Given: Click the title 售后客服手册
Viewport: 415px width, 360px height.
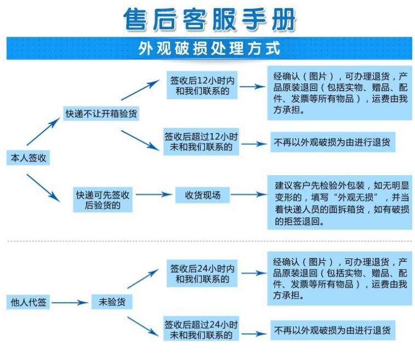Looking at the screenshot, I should pos(209,19).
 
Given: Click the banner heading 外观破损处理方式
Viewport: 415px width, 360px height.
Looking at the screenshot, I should pos(209,49).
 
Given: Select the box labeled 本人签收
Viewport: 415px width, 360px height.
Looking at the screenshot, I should pos(27,158).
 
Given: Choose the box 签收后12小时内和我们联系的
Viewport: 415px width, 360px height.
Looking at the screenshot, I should pos(202,86).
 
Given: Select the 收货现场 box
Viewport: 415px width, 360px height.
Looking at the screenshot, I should pos(202,195).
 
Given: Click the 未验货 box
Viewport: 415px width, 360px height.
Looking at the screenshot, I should pos(112,302).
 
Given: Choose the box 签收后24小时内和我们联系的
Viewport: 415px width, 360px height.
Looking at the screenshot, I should pos(202,274).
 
